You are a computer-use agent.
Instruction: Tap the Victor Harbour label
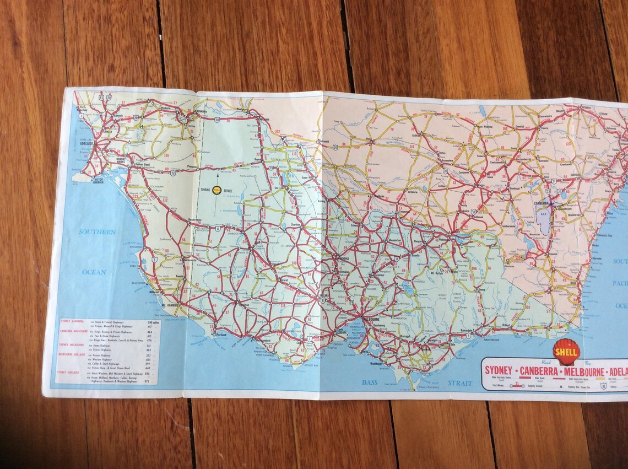(91, 180)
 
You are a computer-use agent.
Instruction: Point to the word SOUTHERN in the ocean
(97, 232)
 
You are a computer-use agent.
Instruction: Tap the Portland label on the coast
(221, 334)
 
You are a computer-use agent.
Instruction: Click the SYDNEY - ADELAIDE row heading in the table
(71, 373)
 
